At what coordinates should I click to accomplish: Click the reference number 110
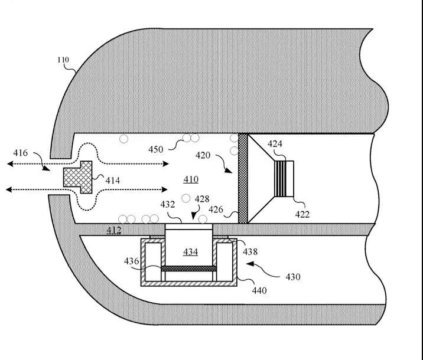coord(63,60)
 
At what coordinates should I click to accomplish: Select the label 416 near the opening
coord(21,153)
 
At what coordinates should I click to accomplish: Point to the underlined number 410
coord(191,179)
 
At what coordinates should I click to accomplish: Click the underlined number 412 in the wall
coord(114,230)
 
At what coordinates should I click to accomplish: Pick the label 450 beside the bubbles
coord(155,149)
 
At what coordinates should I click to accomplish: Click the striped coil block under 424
coord(281,179)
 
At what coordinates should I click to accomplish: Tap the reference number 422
coord(302,214)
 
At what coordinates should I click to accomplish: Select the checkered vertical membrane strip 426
coord(243,178)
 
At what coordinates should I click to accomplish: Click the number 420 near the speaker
coord(203,155)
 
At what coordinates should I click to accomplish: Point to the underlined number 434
coord(190,252)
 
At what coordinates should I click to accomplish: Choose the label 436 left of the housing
coord(131,261)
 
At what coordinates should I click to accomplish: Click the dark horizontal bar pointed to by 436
coord(189,269)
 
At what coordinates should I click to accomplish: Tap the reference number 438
coord(250,251)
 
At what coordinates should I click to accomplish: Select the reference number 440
coord(259,290)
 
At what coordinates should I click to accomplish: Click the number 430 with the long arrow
coord(293,277)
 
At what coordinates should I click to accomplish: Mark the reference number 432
coord(168,205)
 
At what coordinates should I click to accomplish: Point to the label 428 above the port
coord(202,199)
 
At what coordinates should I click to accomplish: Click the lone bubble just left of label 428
coord(186,198)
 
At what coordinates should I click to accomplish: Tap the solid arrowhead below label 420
coord(228,171)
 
